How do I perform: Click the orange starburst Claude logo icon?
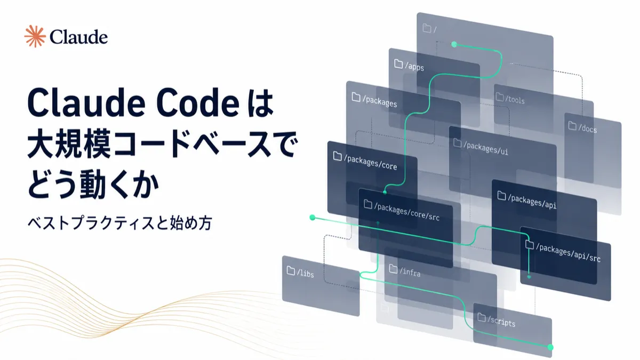point(35,36)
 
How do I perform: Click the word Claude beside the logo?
point(78,37)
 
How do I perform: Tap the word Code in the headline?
point(198,103)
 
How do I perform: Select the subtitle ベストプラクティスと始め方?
point(120,223)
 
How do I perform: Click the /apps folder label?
point(414,67)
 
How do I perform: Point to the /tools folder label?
point(515,99)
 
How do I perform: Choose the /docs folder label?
point(587,129)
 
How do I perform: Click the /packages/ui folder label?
point(486,148)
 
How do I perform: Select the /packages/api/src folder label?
point(568,253)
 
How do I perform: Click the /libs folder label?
point(306,273)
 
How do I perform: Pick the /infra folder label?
point(410,272)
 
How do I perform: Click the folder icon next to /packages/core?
point(338,156)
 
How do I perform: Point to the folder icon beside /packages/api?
point(501,195)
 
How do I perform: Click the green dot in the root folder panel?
point(454,44)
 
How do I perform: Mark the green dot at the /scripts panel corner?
point(550,347)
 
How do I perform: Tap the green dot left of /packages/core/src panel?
point(313,218)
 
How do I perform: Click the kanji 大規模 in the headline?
point(69,143)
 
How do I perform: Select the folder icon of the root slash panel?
point(427,28)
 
